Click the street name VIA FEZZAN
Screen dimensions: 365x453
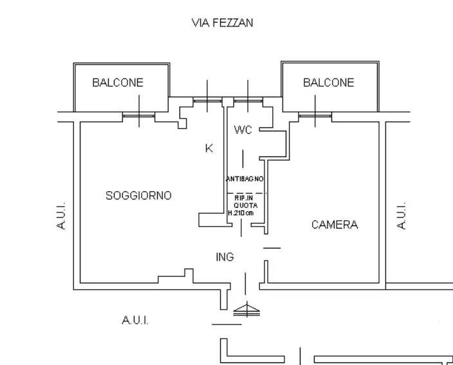223,23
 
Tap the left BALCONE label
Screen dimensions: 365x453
118,82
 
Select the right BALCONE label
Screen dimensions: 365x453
328,82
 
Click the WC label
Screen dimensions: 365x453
243,130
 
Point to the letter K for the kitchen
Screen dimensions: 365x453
208,148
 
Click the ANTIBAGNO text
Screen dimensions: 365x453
245,178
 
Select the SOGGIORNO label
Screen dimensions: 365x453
138,195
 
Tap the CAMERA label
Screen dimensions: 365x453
334,225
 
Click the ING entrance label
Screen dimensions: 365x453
225,257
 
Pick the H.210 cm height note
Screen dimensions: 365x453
241,212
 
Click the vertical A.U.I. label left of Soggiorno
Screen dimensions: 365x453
61,217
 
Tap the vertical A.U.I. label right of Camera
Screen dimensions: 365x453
400,217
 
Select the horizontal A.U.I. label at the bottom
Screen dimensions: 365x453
134,320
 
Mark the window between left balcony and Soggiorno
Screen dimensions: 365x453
139,116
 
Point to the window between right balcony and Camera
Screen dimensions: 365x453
315,116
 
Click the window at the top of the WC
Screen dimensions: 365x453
247,100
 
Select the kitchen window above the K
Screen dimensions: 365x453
207,100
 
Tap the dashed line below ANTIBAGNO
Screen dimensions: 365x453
245,193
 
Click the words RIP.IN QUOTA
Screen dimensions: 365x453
243,202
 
